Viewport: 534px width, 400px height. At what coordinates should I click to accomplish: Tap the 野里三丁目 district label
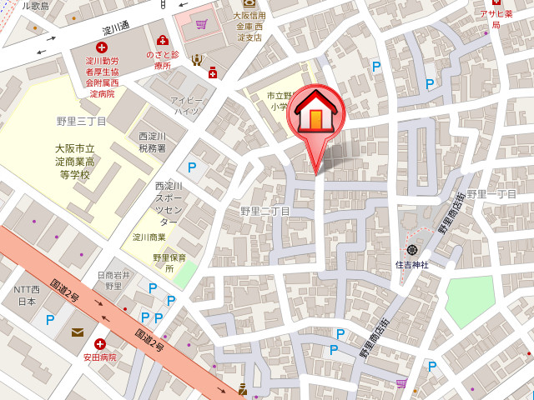82,122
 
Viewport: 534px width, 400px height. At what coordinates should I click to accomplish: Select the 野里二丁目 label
264,212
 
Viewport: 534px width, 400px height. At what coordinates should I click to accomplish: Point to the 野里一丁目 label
492,194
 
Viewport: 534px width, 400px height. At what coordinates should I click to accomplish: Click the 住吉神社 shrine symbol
412,249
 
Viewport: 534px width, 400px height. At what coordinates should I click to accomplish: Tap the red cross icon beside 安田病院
100,343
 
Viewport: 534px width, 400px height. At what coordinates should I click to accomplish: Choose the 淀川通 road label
116,27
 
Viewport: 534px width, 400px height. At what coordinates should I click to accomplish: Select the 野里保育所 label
164,263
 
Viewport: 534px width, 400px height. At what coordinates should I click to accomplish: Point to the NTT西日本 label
26,295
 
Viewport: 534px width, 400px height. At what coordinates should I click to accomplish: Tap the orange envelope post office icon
78,332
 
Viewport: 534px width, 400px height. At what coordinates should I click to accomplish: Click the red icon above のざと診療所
162,41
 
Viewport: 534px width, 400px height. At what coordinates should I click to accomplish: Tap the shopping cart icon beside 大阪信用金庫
202,24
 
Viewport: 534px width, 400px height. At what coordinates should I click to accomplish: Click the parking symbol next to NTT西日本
50,319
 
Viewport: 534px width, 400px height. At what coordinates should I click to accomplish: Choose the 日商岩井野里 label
115,280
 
